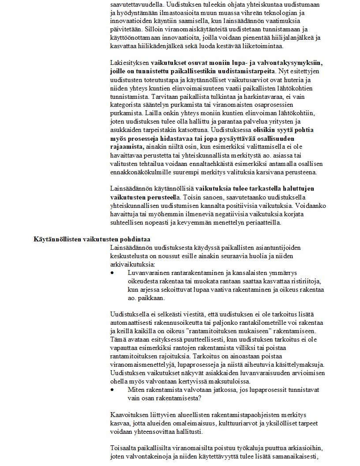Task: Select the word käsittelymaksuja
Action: pyautogui.click(x=300, y=365)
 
